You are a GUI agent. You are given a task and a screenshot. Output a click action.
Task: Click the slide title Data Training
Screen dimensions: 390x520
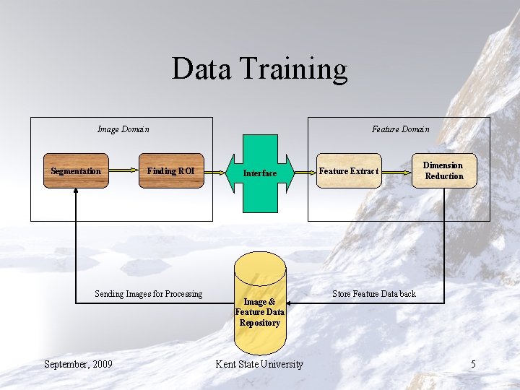point(259,69)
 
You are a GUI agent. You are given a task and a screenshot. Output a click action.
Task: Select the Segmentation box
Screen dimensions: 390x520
point(76,171)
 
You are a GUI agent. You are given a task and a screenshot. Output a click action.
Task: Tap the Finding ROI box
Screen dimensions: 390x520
point(171,171)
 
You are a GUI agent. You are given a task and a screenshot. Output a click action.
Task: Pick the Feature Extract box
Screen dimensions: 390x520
point(349,171)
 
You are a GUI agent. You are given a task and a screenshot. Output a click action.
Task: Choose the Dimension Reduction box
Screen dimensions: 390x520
point(444,171)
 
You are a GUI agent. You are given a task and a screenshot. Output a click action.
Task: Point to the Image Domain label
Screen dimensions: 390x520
point(123,129)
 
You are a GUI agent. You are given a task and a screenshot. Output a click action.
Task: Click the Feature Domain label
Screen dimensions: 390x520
point(400,129)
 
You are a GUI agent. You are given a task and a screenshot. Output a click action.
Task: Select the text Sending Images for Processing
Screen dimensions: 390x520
point(149,294)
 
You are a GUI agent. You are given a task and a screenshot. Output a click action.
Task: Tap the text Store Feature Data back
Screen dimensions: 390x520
point(373,294)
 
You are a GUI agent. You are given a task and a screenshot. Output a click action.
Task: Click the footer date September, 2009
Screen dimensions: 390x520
point(78,364)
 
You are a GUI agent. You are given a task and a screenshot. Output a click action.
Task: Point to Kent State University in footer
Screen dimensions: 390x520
point(259,364)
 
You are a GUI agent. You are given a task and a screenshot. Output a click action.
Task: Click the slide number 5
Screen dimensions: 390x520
point(473,364)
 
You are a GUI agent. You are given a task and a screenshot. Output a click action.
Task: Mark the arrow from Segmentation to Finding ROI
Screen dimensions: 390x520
point(123,171)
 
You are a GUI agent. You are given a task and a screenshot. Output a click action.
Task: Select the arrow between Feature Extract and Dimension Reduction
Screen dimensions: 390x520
point(395,171)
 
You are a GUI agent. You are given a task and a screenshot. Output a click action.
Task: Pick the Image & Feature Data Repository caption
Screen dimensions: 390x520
point(259,312)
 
